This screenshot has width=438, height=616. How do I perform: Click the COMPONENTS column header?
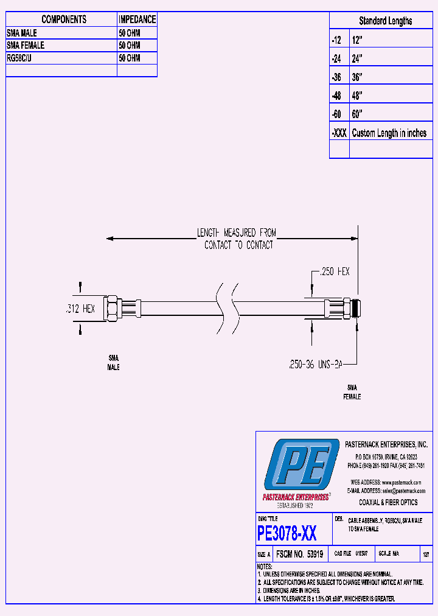tap(63, 19)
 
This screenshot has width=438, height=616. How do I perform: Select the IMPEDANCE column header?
tap(137, 19)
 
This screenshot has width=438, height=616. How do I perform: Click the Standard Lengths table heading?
tap(385, 21)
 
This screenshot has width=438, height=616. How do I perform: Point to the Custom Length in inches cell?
tap(389, 133)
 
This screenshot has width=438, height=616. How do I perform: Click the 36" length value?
tap(357, 77)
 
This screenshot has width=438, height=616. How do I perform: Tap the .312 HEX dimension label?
tap(80, 309)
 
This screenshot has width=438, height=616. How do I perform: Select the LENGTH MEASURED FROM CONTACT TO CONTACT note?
tap(236, 239)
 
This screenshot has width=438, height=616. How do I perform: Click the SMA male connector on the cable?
tap(114, 309)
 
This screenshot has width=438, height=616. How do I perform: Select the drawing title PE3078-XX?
tap(287, 533)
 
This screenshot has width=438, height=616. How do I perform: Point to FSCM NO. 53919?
tap(299, 555)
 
